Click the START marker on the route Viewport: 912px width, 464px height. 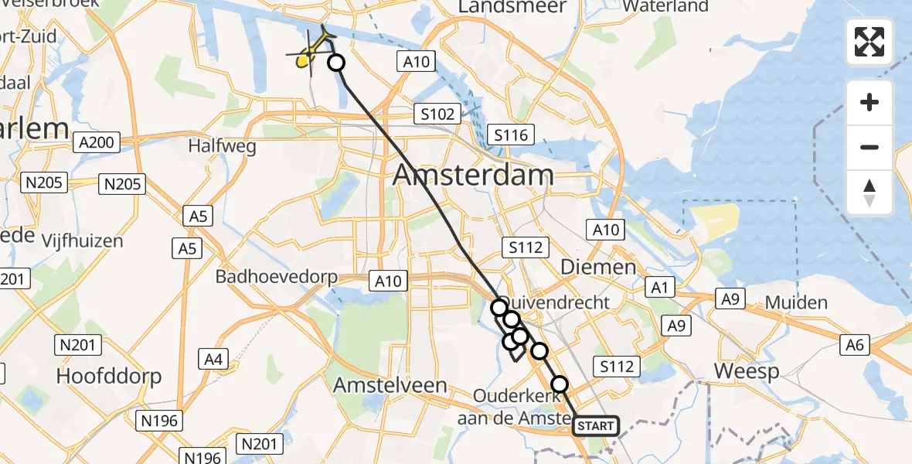596,426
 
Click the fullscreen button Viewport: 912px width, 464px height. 869,42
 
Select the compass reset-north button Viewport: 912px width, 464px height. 869,193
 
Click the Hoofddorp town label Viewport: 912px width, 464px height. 109,377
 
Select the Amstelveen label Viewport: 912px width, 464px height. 390,385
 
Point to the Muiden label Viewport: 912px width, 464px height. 796,302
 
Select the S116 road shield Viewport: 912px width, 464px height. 511,136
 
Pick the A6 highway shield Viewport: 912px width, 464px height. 854,345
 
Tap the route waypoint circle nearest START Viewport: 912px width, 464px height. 559,384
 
